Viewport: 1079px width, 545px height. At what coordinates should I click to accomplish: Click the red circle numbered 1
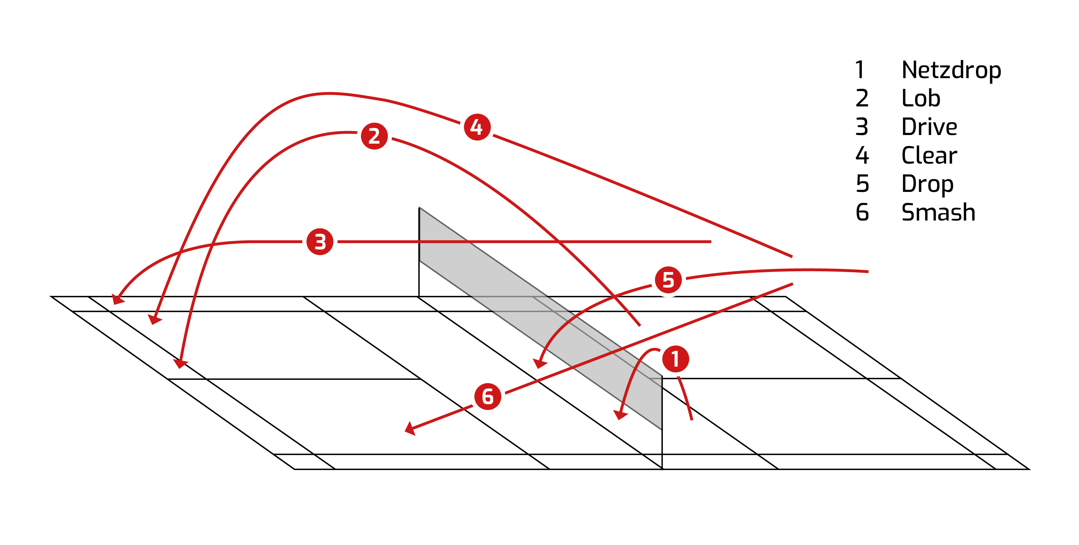pyautogui.click(x=675, y=359)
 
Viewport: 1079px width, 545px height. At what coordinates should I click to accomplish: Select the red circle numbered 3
pyautogui.click(x=320, y=242)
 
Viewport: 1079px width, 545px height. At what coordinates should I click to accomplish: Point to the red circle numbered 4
pyautogui.click(x=477, y=127)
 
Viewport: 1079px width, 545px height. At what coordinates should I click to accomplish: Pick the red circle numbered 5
pyautogui.click(x=668, y=280)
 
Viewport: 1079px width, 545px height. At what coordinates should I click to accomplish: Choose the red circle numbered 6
pyautogui.click(x=488, y=396)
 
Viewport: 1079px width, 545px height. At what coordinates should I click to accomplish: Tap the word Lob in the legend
pyautogui.click(x=921, y=98)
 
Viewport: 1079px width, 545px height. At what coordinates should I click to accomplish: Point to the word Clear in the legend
pyautogui.click(x=929, y=155)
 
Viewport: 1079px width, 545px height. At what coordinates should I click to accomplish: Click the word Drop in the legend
pyautogui.click(x=927, y=184)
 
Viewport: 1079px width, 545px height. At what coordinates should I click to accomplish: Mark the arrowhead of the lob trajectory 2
pyautogui.click(x=181, y=363)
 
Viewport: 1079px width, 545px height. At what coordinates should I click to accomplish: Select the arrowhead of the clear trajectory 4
pyautogui.click(x=155, y=319)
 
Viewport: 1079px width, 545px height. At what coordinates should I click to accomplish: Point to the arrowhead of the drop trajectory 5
pyautogui.click(x=539, y=363)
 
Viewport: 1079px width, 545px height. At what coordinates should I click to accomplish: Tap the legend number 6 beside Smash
pyautogui.click(x=862, y=213)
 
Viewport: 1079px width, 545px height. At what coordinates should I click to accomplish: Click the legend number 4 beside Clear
pyautogui.click(x=862, y=155)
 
